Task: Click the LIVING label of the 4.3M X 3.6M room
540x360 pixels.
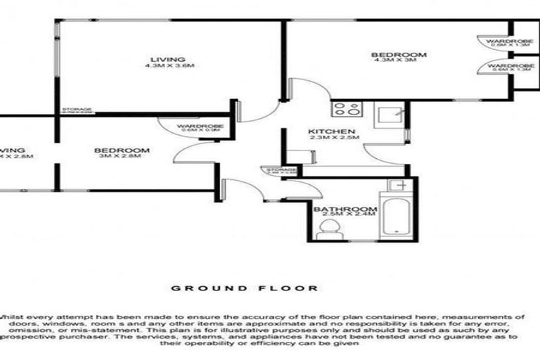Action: pos(169,58)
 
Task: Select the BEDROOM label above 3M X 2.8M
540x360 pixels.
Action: pos(122,150)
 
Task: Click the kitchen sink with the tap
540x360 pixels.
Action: pos(389,112)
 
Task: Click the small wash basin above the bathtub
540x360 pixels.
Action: pos(398,185)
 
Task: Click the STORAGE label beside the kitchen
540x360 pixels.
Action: pos(280,169)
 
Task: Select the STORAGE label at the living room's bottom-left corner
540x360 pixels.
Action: pos(77,110)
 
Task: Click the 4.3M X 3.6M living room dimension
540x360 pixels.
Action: pos(169,65)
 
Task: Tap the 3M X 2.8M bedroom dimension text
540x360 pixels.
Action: pos(122,156)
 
